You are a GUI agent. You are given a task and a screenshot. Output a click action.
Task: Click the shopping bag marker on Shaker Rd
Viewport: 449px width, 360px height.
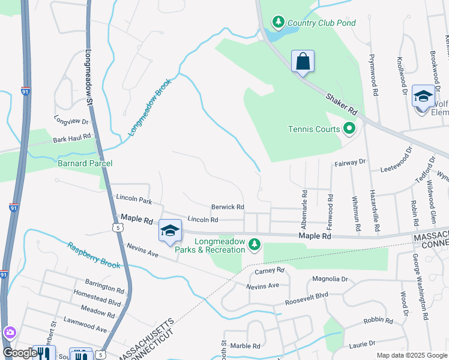(303, 62)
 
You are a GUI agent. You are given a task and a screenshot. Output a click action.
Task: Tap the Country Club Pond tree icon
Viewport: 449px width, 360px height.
(278, 23)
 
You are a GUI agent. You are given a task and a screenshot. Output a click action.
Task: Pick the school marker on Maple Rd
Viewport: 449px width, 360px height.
(170, 231)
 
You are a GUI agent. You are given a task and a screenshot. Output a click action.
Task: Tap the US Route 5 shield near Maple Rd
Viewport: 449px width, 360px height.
(116, 227)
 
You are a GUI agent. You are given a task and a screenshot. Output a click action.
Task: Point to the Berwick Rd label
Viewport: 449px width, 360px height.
(228, 207)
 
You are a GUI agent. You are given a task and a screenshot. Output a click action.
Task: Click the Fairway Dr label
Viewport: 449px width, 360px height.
(349, 162)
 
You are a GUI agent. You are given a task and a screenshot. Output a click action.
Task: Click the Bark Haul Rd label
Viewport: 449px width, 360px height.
(71, 139)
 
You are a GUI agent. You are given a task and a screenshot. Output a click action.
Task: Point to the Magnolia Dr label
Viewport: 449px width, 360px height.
(330, 279)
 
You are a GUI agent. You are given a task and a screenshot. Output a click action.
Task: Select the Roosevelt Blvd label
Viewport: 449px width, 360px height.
(307, 296)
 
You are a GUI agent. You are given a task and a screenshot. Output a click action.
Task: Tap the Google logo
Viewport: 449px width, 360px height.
(19, 353)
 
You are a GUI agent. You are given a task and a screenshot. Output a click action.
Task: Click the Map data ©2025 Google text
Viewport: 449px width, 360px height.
(411, 355)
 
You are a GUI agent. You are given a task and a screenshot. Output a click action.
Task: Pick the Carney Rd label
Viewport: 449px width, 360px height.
(268, 271)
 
